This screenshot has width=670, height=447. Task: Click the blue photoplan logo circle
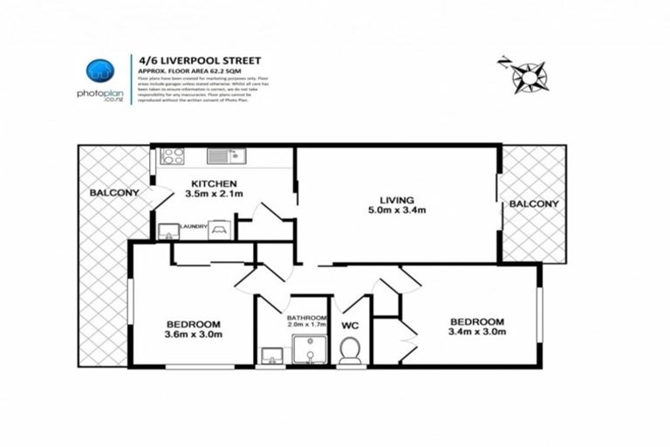(100, 72)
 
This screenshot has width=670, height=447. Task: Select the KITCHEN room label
(214, 183)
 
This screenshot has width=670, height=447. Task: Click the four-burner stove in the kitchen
(173, 156)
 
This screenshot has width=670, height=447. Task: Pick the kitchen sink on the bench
(226, 156)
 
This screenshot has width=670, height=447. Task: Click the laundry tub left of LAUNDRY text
(168, 230)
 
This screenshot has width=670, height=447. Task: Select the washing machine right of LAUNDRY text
(220, 230)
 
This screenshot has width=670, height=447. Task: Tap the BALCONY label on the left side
(113, 192)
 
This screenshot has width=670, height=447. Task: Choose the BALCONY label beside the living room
(533, 203)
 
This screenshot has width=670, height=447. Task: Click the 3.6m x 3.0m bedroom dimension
(193, 334)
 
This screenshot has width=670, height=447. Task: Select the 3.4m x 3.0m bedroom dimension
(475, 332)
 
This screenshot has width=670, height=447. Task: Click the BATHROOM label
(307, 318)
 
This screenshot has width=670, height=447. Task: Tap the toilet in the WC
(351, 351)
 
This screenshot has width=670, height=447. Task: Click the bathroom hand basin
(271, 354)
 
